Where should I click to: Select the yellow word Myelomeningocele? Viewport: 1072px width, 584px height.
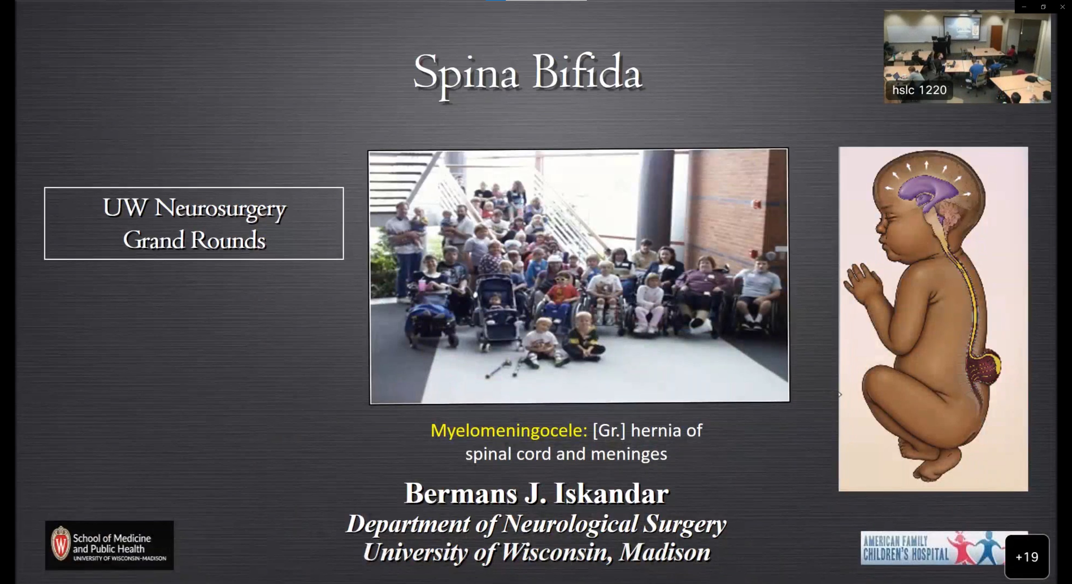point(509,430)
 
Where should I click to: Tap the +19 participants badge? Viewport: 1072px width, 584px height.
point(1027,557)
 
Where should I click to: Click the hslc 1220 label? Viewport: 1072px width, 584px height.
point(919,90)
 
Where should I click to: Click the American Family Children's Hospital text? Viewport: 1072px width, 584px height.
point(906,548)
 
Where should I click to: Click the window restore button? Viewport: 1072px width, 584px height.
point(1043,7)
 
